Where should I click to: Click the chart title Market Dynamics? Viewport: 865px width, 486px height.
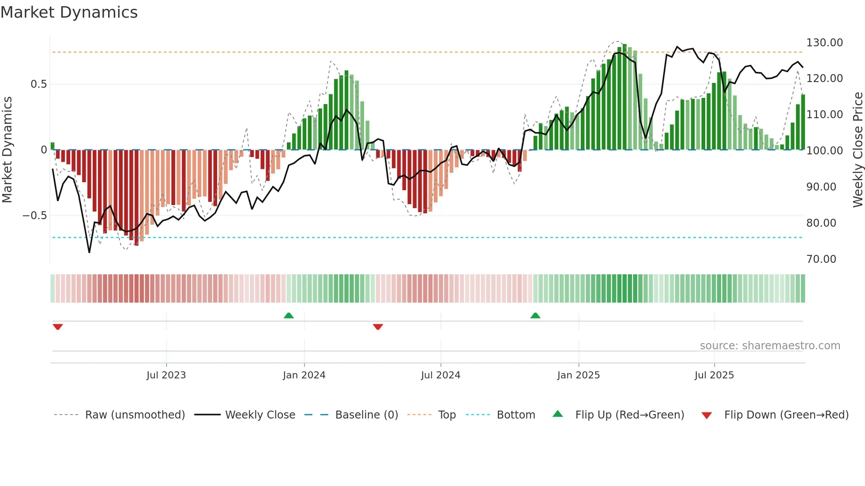69,12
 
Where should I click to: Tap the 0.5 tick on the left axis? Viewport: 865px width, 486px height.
38,84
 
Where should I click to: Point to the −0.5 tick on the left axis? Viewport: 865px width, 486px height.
35,216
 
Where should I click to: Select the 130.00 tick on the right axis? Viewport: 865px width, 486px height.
824,43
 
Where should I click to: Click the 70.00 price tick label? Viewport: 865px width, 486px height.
821,259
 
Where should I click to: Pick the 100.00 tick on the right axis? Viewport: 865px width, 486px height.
824,151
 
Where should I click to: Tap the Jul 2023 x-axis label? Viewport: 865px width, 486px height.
166,375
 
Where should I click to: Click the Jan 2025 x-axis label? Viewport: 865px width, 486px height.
578,375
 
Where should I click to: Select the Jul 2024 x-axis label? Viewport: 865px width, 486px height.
440,375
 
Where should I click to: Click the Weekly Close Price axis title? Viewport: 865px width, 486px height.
857,150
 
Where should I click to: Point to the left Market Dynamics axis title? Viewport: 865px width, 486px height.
7,150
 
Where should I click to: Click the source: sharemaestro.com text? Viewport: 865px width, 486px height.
770,346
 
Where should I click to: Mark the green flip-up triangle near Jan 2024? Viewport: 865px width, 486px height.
289,316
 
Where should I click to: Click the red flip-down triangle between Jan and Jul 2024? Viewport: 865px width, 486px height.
378,327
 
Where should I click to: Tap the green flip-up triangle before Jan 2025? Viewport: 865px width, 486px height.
535,316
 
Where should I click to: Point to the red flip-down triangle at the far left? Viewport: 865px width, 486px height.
58,327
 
